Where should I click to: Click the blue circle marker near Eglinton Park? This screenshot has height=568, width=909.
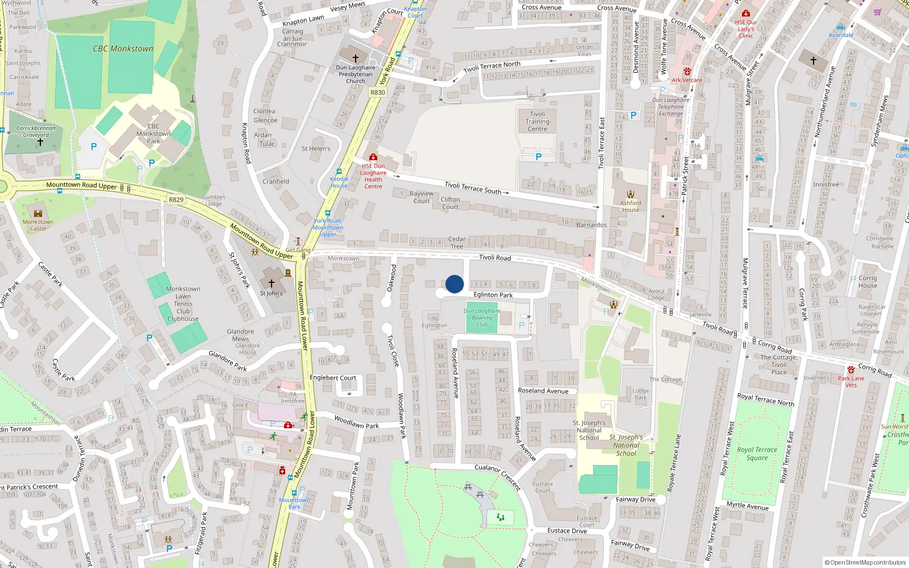pyautogui.click(x=454, y=284)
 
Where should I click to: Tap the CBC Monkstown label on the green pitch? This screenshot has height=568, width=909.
pyautogui.click(x=123, y=49)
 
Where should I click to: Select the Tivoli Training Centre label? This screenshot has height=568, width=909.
pyautogui.click(x=537, y=122)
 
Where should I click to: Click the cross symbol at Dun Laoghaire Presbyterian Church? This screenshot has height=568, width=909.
pyautogui.click(x=356, y=58)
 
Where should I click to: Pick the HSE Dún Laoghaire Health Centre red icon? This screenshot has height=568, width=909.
pyautogui.click(x=373, y=157)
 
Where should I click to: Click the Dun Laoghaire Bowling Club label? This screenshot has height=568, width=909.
pyautogui.click(x=482, y=318)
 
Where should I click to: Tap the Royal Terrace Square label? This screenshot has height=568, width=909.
pyautogui.click(x=757, y=453)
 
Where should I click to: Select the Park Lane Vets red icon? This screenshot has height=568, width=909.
pyautogui.click(x=850, y=370)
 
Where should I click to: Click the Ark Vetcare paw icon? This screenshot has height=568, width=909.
pyautogui.click(x=687, y=72)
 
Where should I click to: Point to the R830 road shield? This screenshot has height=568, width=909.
pyautogui.click(x=377, y=93)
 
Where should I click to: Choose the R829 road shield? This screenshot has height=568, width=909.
pyautogui.click(x=176, y=200)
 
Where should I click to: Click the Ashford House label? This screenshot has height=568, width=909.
pyautogui.click(x=631, y=206)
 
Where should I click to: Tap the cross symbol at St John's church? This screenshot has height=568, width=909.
pyautogui.click(x=272, y=283)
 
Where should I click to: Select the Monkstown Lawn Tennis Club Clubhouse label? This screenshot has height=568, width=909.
pyautogui.click(x=183, y=304)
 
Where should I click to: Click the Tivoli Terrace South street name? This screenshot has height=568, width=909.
pyautogui.click(x=473, y=188)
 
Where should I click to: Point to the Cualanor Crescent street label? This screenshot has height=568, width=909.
pyautogui.click(x=498, y=477)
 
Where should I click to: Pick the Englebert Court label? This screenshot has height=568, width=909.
pyautogui.click(x=333, y=378)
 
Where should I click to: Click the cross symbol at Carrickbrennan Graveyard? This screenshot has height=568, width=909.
pyautogui.click(x=40, y=142)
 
